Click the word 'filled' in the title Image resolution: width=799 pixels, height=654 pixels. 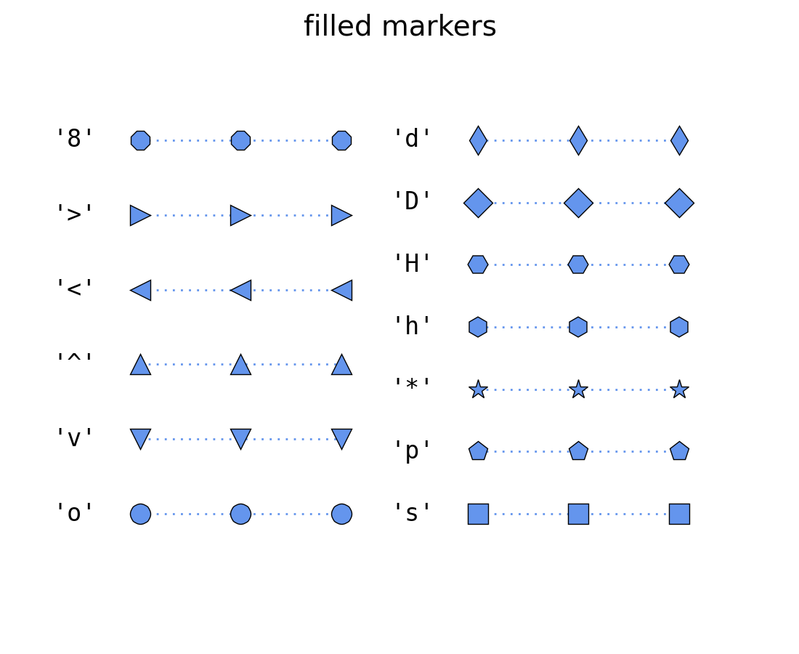tap(336, 27)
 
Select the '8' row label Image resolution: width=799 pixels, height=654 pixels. tap(75, 138)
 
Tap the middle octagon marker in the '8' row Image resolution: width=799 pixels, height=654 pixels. tap(240, 140)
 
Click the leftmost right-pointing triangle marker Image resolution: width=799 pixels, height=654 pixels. tap(139, 215)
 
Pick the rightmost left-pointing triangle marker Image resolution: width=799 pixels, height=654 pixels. tap(343, 290)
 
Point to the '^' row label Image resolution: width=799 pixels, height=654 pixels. tap(75, 359)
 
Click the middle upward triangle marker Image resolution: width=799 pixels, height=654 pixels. tap(240, 366)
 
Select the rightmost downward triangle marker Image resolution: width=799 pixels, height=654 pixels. tap(341, 437)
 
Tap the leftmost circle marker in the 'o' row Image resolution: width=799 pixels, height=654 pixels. tap(140, 514)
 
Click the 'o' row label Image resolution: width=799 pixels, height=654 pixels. tap(75, 513)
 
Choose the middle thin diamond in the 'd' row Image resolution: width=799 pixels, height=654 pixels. tap(578, 140)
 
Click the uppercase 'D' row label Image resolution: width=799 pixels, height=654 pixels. tap(412, 201)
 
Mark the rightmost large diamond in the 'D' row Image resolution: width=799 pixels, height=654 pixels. tap(679, 203)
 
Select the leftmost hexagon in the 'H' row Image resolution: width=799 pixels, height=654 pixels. tap(478, 265)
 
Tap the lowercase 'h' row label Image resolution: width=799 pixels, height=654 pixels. tap(412, 326)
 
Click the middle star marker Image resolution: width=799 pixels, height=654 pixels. tap(578, 389)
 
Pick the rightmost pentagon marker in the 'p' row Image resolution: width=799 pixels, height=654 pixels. tap(679, 451)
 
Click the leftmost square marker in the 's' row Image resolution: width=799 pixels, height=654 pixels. tap(478, 514)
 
